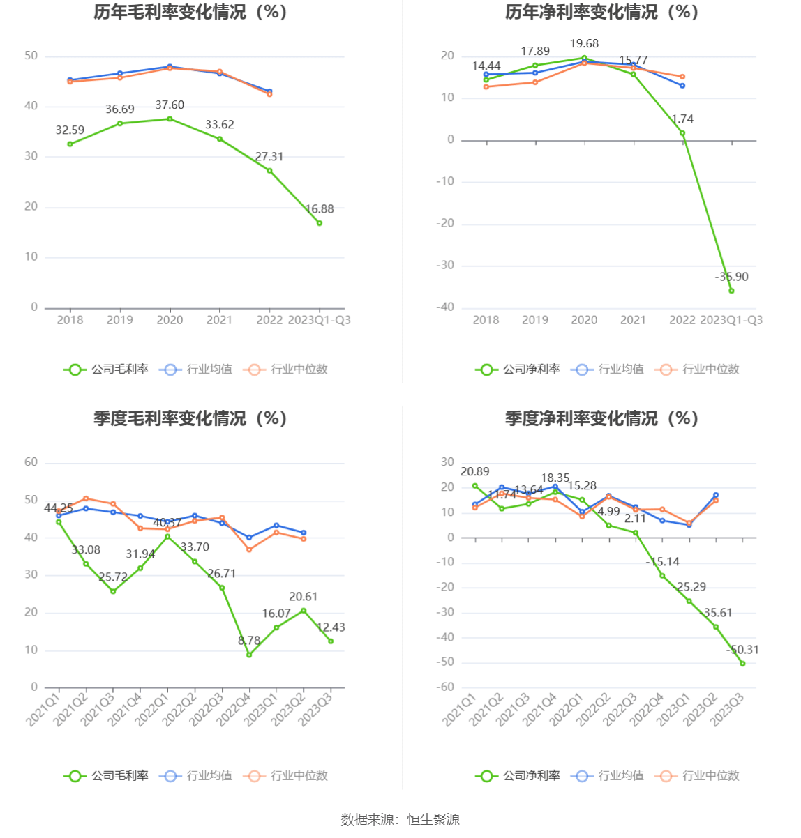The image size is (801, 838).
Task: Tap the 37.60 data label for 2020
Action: (170, 105)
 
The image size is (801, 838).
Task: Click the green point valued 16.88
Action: (320, 223)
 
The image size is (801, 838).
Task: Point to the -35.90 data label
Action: (731, 277)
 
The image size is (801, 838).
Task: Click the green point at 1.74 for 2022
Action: (682, 133)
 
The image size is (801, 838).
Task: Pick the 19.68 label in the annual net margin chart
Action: (584, 44)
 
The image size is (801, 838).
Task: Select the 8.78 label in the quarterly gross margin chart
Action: (249, 641)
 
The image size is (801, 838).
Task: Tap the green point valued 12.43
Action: (331, 641)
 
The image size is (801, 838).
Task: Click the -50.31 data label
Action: (742, 650)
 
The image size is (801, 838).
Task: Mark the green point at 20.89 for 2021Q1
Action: (475, 486)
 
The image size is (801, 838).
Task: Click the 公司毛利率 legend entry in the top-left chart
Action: (106, 370)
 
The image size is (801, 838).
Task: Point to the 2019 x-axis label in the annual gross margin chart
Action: (119, 320)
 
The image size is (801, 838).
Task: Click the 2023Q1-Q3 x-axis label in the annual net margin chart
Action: (731, 320)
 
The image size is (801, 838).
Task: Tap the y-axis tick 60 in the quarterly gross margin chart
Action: (31, 462)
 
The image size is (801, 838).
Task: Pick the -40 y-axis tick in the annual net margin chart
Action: (444, 307)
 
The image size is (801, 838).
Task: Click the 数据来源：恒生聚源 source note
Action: (400, 819)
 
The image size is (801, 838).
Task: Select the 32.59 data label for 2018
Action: (70, 130)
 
